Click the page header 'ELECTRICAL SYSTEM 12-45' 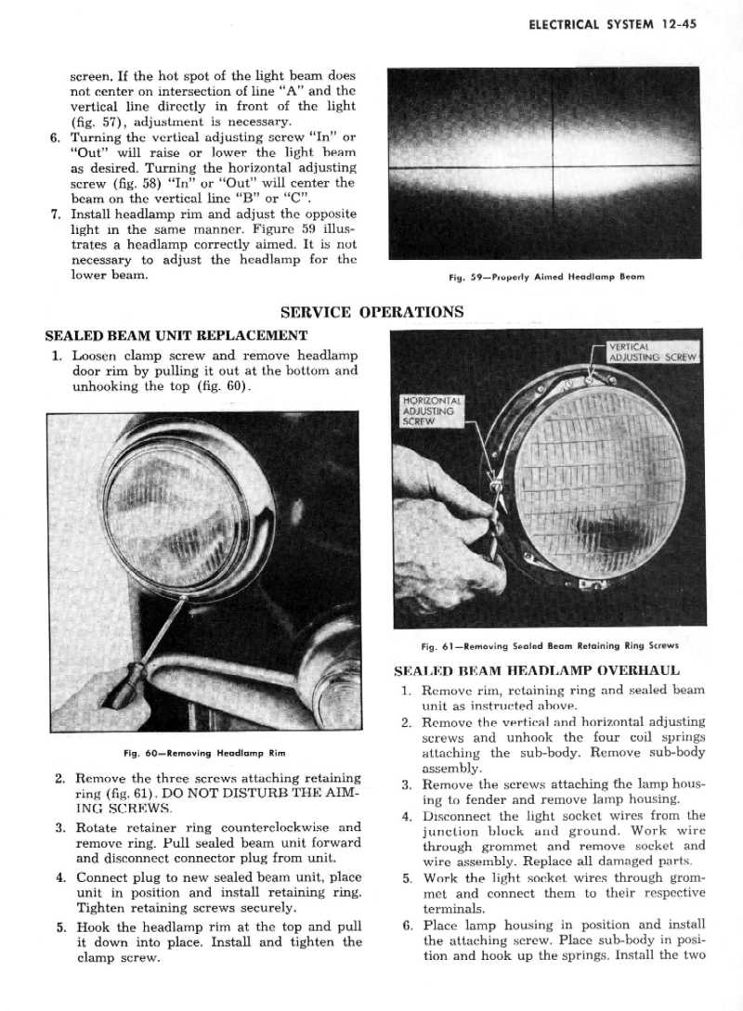tap(612, 25)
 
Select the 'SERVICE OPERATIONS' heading tap(371, 312)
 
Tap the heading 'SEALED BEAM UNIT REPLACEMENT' tap(176, 334)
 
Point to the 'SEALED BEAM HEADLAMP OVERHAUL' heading tap(537, 669)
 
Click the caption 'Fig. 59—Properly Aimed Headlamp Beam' tap(545, 277)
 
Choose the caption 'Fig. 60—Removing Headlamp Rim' tap(203, 752)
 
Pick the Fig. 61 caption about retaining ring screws tap(550, 645)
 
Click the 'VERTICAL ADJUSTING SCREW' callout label tap(653, 352)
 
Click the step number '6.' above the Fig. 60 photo tap(56, 137)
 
